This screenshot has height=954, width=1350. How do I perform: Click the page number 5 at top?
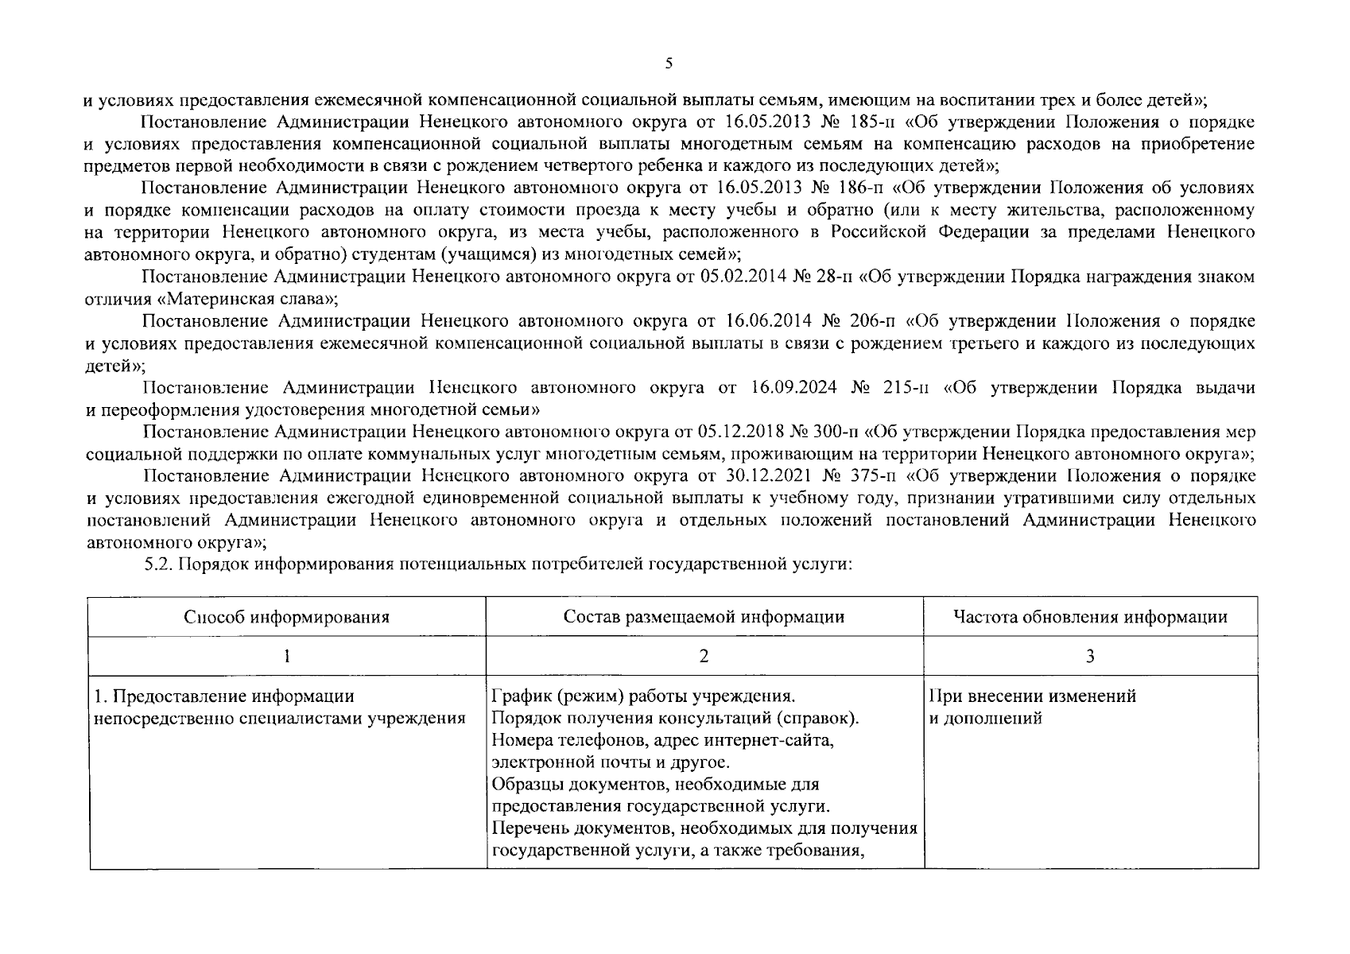pyautogui.click(x=669, y=64)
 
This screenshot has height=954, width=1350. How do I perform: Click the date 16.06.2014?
pyautogui.click(x=768, y=321)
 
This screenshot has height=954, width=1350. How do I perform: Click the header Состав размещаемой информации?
pyautogui.click(x=704, y=617)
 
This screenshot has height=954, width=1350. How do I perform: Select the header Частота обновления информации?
pyautogui.click(x=1090, y=617)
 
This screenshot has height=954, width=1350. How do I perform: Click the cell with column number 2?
pyautogui.click(x=704, y=656)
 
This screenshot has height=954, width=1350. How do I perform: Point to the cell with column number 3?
pyautogui.click(x=1090, y=656)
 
